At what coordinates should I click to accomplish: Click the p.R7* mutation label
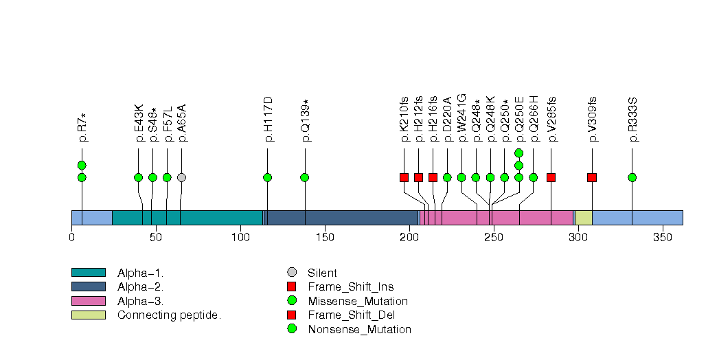[x=82, y=128]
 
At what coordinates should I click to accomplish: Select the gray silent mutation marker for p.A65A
[x=181, y=177]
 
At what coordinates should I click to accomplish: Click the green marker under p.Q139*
[x=305, y=177]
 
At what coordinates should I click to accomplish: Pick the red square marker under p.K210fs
[x=404, y=177]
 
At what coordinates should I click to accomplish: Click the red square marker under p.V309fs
[x=592, y=177]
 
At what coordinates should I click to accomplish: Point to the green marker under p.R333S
[x=632, y=177]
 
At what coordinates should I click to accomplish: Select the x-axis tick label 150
[x=325, y=237]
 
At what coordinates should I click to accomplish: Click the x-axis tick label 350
[x=662, y=237]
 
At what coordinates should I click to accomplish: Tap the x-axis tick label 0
[x=71, y=237]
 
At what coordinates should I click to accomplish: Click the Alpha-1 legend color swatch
[x=88, y=273]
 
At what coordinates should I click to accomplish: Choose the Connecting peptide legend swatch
[x=88, y=315]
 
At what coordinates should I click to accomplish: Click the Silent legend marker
[x=292, y=273]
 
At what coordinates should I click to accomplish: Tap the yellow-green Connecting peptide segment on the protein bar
[x=584, y=217]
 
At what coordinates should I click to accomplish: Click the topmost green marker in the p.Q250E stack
[x=519, y=153]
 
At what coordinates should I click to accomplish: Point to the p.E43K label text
[x=139, y=123]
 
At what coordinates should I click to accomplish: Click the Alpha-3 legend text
[x=141, y=301]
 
